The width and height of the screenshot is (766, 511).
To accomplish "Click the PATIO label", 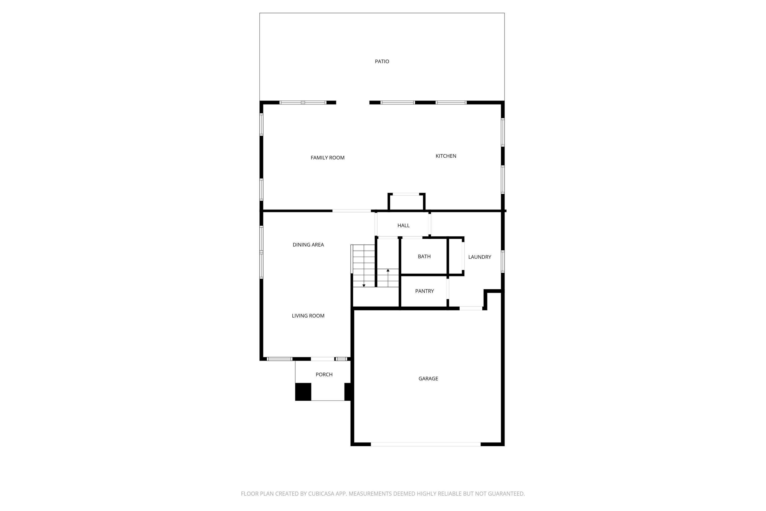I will click(382, 61).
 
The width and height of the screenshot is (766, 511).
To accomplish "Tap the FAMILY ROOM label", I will click(327, 158).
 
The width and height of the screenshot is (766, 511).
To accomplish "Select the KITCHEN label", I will click(446, 156).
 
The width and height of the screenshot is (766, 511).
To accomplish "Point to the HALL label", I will click(403, 226).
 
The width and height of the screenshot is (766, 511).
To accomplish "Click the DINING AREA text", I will click(308, 245).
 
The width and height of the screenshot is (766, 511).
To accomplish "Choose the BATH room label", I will click(424, 257).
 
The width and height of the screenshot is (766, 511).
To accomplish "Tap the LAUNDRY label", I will click(480, 257).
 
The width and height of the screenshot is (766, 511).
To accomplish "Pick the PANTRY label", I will click(424, 291).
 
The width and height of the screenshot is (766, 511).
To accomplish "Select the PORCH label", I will click(324, 375).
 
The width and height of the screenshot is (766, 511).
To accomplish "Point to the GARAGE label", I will click(428, 378).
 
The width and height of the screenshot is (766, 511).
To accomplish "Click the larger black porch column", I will click(303, 391).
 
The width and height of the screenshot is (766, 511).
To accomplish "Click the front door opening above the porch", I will click(322, 359).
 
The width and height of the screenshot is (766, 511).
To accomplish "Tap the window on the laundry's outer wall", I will click(502, 261).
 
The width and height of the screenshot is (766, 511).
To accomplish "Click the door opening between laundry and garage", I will click(471, 308).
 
